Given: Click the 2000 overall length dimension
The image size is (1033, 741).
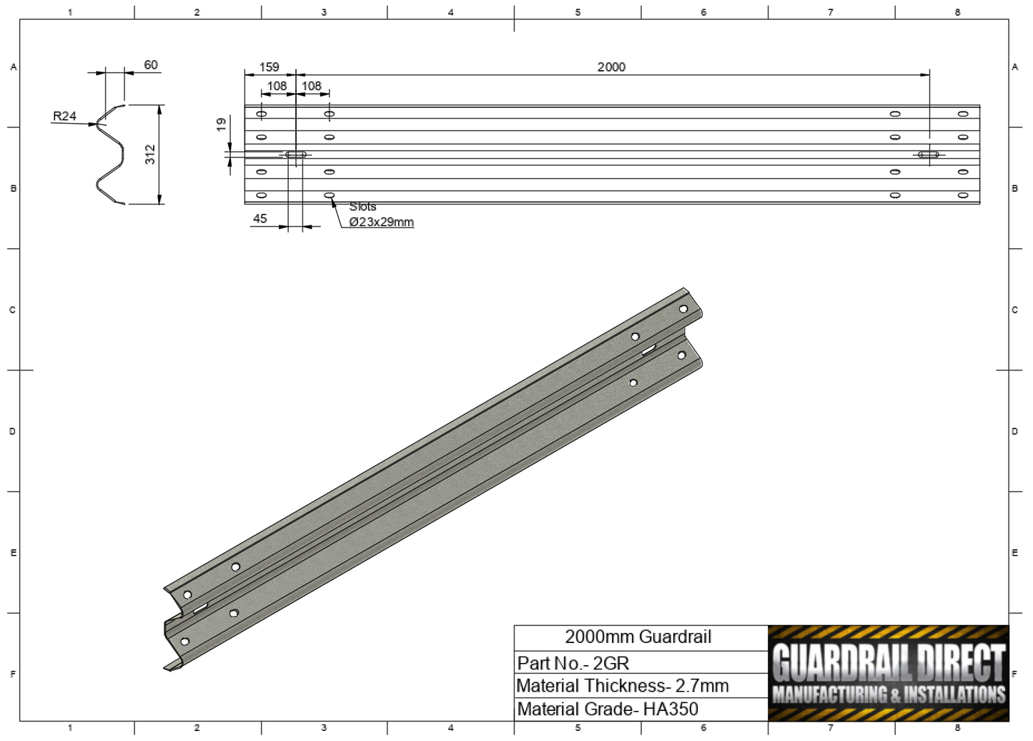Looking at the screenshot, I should coord(611,67).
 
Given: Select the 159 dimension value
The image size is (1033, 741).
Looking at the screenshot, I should coord(269,67).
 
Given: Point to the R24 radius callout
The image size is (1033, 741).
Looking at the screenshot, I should coord(64,116).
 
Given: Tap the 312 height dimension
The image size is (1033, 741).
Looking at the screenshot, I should coord(150,154).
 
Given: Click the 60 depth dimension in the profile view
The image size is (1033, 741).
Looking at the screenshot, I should coord(151,64).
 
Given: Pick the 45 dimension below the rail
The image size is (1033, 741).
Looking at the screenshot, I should coord(260,219).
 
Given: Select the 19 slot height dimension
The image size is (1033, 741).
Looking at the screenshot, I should coord(222,124).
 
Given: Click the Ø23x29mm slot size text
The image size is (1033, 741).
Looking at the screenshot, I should coord(381,222).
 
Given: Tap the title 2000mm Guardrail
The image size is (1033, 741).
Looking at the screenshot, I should coord(638,637).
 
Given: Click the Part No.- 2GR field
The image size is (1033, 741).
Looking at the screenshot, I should coord(573,662).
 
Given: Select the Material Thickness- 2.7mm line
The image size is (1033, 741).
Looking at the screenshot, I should coord(622,685).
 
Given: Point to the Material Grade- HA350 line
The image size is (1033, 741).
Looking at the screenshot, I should coord(608,709).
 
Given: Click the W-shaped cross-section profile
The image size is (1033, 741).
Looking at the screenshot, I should coord(111,154).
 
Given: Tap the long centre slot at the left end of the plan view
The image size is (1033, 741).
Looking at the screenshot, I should coord(296,154).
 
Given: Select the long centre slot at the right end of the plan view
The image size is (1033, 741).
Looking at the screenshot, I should coord(928,154).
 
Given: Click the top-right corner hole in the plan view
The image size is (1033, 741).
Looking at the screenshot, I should coord(963,114).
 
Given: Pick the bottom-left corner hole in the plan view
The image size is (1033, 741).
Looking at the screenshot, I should coord(262,195).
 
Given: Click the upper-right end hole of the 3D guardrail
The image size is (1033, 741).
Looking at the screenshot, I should coord(683,309).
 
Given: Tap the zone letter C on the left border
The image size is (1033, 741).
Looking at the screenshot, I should coord(12,310).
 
